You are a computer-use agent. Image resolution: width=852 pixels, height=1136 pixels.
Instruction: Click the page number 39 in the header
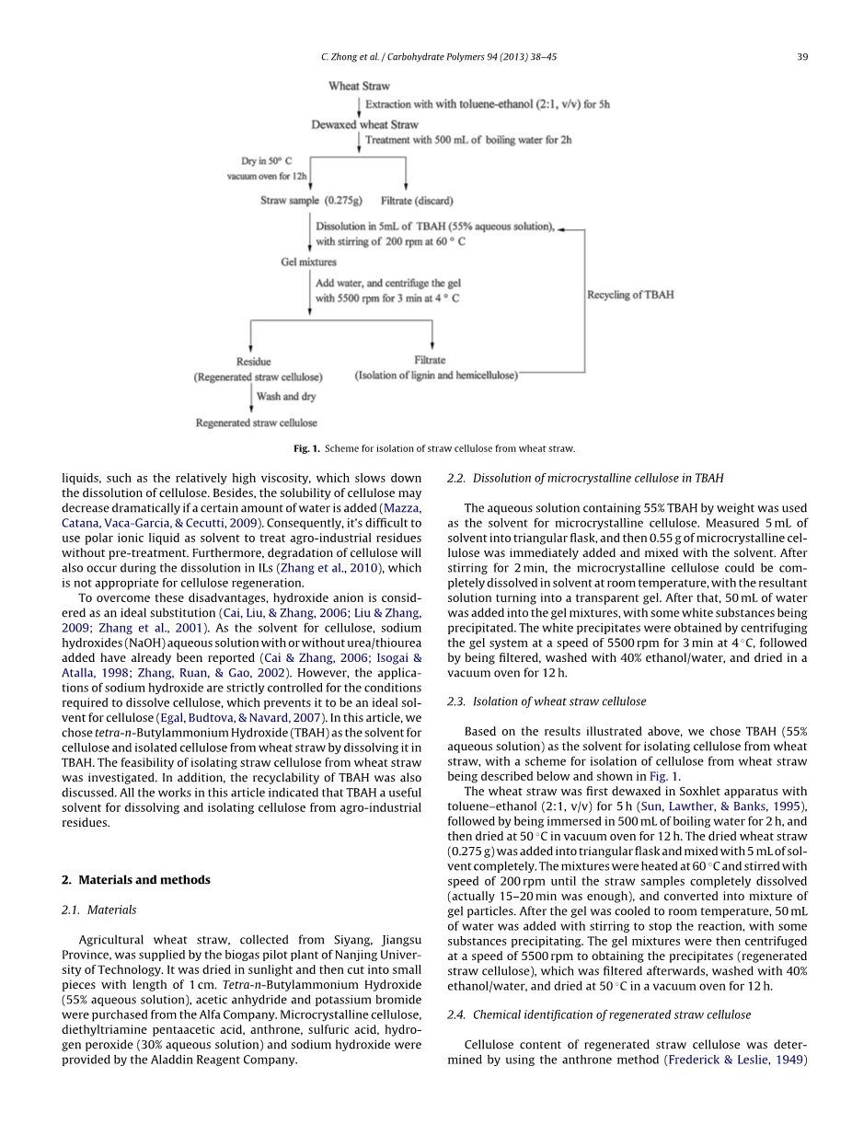tap(802, 57)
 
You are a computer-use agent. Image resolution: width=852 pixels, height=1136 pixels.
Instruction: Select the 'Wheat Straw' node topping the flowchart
tap(359, 87)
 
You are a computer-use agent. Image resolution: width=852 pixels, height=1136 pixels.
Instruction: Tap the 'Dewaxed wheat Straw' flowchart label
tap(364, 124)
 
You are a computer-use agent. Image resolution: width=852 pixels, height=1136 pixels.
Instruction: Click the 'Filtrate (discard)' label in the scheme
tap(417, 200)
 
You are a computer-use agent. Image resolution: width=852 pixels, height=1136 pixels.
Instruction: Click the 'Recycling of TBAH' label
tap(630, 295)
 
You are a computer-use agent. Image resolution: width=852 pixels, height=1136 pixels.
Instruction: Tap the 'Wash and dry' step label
tap(286, 397)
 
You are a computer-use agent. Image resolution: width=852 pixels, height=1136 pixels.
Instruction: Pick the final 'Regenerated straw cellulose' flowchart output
tap(256, 423)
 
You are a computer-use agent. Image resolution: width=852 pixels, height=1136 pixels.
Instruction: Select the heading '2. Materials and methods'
tap(135, 879)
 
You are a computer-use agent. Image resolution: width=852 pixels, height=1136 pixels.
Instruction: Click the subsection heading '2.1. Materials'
tap(98, 910)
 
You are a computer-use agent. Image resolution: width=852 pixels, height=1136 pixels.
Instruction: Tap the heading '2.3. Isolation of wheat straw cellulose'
tap(547, 701)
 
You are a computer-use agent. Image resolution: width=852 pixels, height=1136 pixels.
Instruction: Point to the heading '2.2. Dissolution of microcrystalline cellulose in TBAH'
tap(585, 478)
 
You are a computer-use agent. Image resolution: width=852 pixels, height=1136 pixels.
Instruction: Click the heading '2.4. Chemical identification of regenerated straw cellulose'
tap(598, 1014)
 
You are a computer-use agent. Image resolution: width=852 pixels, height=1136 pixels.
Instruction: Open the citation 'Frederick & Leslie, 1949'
tap(734, 1060)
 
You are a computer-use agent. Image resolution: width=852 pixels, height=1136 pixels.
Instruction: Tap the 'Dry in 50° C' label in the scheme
tap(267, 160)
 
